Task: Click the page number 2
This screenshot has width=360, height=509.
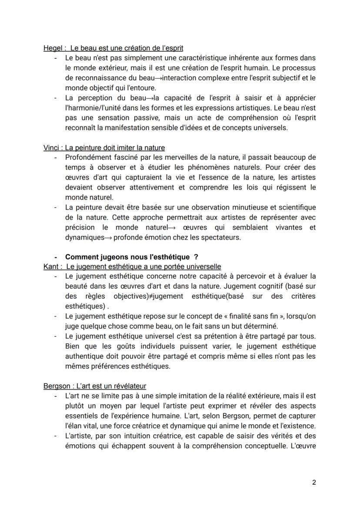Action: point(314,482)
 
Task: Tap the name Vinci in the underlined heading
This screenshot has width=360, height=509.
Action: point(52,148)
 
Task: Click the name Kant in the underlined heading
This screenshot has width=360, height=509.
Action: point(50,266)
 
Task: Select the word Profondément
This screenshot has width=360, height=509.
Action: point(87,157)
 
